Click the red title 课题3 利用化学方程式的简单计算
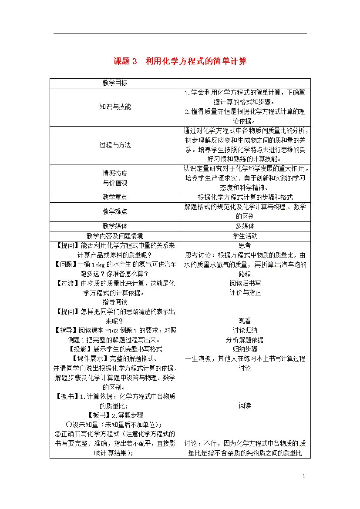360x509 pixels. tap(180, 61)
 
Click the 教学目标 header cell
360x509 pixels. tap(115, 83)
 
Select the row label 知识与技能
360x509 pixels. tap(115, 107)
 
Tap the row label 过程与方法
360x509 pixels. tap(115, 145)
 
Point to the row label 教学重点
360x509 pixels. tap(115, 197)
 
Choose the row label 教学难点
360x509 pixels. tap(115, 211)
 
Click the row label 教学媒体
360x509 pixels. tap(115, 226)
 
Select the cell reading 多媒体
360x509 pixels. tap(245, 226)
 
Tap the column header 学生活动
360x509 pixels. tap(245, 236)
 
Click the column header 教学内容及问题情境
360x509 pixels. tap(115, 236)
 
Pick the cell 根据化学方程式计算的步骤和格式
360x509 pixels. tap(245, 197)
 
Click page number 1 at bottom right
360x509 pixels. tap(304, 476)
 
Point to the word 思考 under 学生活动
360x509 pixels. tap(245, 245)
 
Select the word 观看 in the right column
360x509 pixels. tap(245, 321)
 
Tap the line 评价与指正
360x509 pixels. tap(245, 292)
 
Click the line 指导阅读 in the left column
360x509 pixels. tap(115, 302)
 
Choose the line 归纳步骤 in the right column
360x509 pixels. tap(245, 349)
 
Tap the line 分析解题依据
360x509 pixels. tap(245, 339)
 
